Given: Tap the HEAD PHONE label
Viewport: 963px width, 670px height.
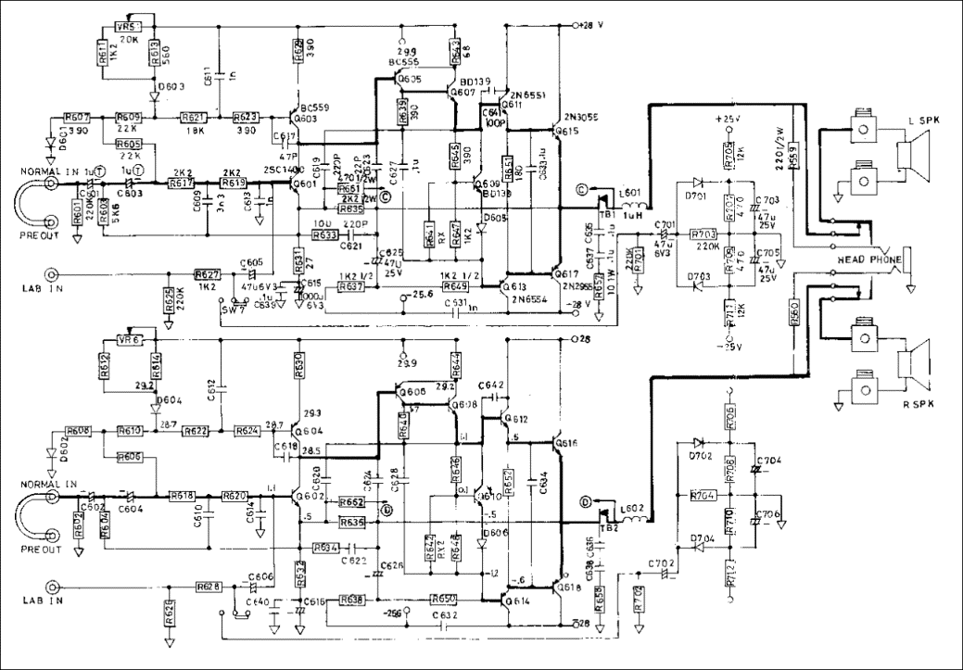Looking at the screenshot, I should [868, 260].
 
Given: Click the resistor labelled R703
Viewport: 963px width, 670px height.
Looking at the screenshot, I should [705, 234].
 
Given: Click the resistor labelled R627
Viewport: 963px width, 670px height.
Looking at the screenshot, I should [207, 274].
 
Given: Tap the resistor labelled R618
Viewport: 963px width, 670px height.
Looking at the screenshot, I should [182, 497].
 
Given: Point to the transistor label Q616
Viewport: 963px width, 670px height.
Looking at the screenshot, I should [565, 445].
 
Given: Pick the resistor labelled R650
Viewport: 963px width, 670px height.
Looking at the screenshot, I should [444, 600].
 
